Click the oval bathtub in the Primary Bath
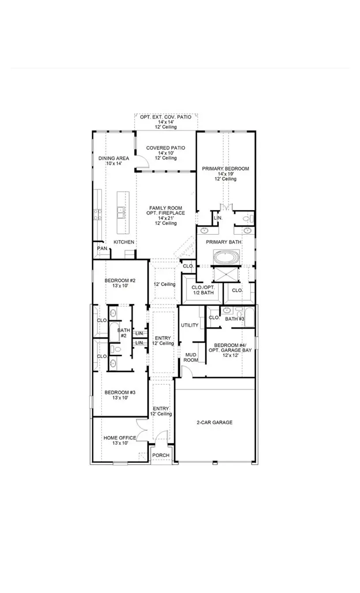226,257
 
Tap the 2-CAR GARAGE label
214,422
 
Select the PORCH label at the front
161,455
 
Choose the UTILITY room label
190,325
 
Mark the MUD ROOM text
191,357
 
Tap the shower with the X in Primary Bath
226,274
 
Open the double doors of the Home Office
142,430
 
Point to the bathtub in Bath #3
249,318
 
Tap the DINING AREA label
113,158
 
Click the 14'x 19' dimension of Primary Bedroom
225,174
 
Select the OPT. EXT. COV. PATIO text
165,117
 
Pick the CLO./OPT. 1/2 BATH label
202,290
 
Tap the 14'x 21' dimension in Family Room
165,218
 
